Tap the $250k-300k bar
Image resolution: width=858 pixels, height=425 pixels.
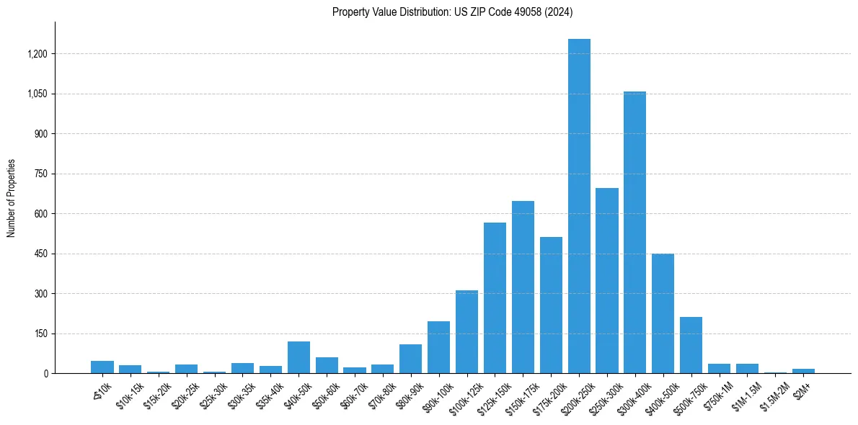point(607,280)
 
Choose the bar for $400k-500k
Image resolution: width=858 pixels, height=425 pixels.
point(663,313)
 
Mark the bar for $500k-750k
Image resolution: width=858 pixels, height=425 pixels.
point(691,345)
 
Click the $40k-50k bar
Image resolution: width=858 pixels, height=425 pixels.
point(298,357)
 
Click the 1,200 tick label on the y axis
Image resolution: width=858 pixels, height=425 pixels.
point(37,54)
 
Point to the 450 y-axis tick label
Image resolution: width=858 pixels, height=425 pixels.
point(41,254)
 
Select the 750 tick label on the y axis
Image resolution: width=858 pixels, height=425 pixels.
point(41,174)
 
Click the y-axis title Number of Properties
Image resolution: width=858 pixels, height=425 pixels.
point(11,197)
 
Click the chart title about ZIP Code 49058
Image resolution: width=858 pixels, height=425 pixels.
point(452,12)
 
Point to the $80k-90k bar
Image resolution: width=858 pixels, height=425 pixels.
point(410,359)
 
